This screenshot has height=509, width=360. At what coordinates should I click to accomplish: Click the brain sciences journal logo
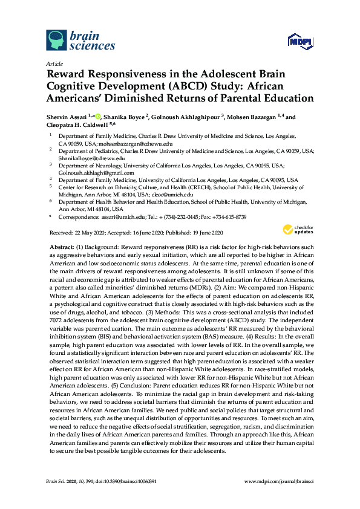[x=80, y=40]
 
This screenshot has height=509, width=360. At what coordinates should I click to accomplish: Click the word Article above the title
[x=54, y=62]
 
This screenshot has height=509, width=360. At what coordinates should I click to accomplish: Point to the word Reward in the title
[x=67, y=74]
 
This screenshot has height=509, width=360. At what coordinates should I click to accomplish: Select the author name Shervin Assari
[x=67, y=117]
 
